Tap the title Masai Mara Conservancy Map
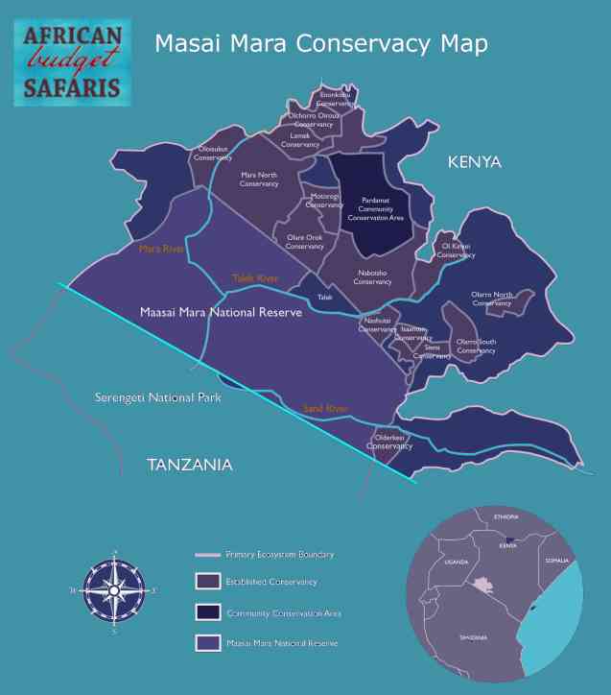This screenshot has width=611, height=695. click(x=321, y=44)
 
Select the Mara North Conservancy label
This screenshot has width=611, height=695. click(x=259, y=180)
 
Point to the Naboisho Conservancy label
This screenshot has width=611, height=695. click(x=372, y=276)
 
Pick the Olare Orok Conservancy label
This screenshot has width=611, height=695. click(x=305, y=242)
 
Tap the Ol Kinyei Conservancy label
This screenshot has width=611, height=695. click(x=456, y=251)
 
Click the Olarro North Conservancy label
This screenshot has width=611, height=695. click(x=492, y=299)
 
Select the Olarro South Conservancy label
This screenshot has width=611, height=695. click(x=476, y=346)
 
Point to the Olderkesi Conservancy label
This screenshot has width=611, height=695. click(x=388, y=442)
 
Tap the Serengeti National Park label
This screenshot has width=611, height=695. click(x=158, y=397)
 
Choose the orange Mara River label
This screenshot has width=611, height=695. click(x=161, y=249)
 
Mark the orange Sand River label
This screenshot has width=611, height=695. click(x=325, y=409)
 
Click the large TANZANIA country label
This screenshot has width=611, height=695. click(x=190, y=465)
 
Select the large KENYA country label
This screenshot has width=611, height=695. click(x=475, y=162)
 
